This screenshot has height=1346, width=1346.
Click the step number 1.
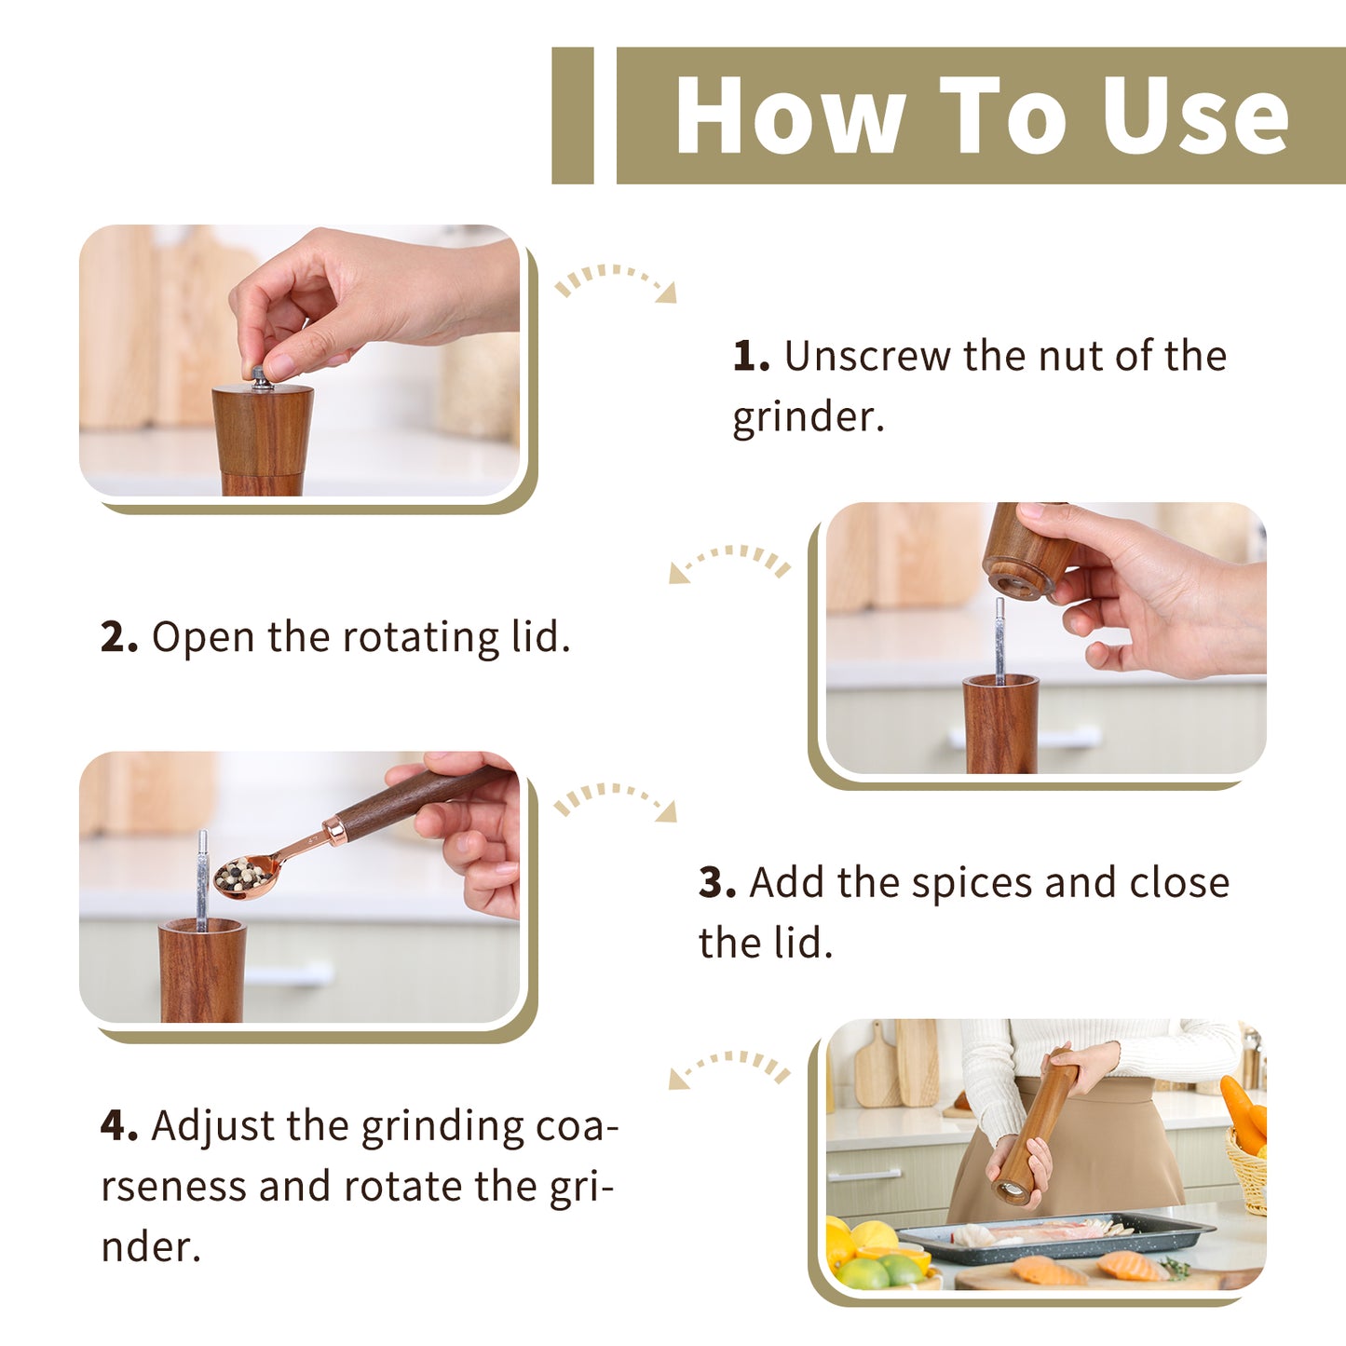(x=751, y=356)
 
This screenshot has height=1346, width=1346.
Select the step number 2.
(x=118, y=637)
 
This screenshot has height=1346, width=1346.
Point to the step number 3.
(x=717, y=882)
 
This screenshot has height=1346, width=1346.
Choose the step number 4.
(x=118, y=1126)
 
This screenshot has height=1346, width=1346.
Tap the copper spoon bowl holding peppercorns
(x=244, y=876)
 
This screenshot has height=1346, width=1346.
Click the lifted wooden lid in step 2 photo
(x=1026, y=551)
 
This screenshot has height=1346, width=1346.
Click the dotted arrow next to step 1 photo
(x=615, y=279)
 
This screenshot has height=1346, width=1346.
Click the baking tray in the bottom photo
(x=1054, y=1238)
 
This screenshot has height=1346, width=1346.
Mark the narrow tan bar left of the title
(x=573, y=116)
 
